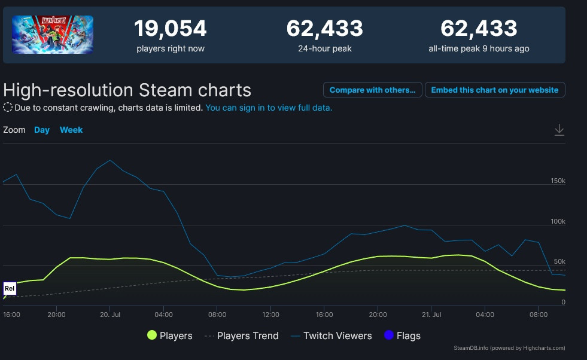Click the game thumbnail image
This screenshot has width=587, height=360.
53,35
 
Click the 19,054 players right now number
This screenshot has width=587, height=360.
170,28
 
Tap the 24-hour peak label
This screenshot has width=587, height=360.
324,48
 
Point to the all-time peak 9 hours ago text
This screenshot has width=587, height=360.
479,48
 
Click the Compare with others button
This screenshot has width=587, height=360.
372,90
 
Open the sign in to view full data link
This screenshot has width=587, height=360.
269,108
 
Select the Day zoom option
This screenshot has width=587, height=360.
42,130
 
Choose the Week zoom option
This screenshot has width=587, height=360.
71,130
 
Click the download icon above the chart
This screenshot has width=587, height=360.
559,130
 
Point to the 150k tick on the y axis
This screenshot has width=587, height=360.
558,181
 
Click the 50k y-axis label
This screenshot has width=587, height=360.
559,262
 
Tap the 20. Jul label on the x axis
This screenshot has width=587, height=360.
110,314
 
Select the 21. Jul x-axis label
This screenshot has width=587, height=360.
431,314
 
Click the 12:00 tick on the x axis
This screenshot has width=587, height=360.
270,314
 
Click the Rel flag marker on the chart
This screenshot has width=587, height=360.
10,288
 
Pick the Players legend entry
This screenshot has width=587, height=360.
170,335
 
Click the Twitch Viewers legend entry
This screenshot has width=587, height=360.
330,335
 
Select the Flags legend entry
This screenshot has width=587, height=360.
402,335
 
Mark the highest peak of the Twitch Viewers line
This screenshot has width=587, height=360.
110,160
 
